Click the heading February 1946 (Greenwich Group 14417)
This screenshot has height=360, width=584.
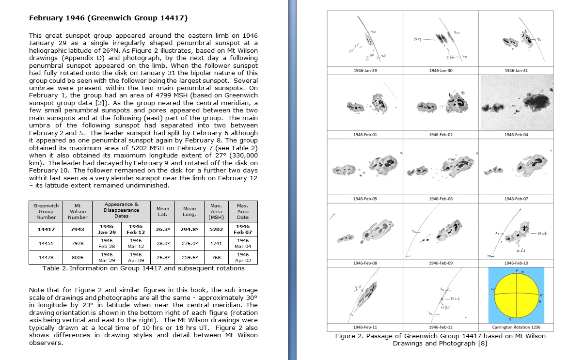[108, 18]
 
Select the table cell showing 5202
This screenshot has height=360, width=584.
[216, 229]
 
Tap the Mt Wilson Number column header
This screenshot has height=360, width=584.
[78, 211]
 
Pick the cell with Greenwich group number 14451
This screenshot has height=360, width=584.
[46, 243]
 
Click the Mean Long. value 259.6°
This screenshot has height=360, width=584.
[189, 257]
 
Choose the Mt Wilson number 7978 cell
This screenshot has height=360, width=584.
[78, 243]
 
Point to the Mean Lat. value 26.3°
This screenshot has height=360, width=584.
[162, 229]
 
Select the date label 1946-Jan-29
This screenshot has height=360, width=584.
[365, 71]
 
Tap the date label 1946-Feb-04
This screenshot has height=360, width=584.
[516, 135]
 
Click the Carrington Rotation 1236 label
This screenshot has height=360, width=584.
[516, 327]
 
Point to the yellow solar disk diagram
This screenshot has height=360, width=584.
[516, 296]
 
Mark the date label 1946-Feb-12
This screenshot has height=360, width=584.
[441, 327]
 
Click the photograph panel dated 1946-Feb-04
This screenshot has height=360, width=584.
[516, 103]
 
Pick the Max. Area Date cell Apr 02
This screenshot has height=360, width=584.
[243, 257]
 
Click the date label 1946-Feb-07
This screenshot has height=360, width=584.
[516, 199]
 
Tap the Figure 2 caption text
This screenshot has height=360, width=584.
[440, 340]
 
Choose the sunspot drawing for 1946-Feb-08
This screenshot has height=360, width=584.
[365, 231]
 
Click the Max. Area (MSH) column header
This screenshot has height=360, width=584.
[216, 211]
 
